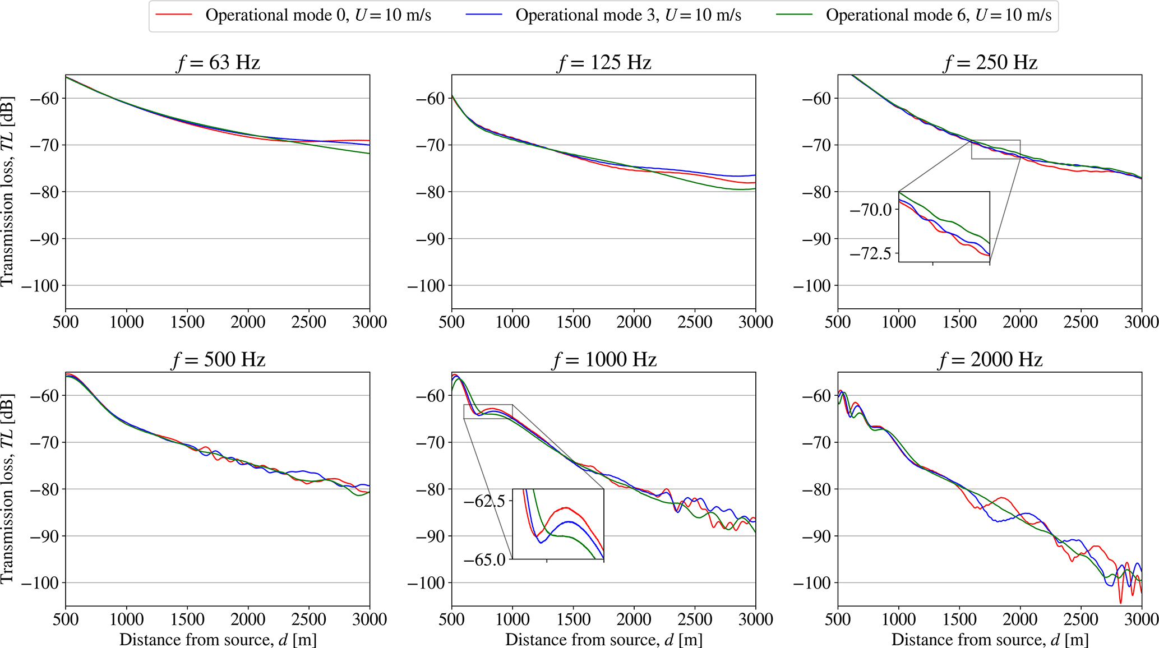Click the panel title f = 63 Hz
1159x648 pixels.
218,62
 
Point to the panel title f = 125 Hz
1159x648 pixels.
604,62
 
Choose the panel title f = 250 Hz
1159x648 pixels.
990,62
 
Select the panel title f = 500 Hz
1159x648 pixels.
218,359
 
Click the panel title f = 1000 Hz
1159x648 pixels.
604,359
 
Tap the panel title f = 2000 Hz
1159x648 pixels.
990,359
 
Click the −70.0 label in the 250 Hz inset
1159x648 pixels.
870,210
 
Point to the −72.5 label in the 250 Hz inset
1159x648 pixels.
870,254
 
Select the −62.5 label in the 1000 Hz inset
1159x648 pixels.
484,501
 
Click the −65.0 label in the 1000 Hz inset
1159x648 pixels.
484,559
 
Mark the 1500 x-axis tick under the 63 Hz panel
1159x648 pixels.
187,322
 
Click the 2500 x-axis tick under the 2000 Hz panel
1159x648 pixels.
1081,619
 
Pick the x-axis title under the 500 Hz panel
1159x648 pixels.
218,640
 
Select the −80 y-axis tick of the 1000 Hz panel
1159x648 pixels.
430,489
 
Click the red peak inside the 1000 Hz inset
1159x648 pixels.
566,508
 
